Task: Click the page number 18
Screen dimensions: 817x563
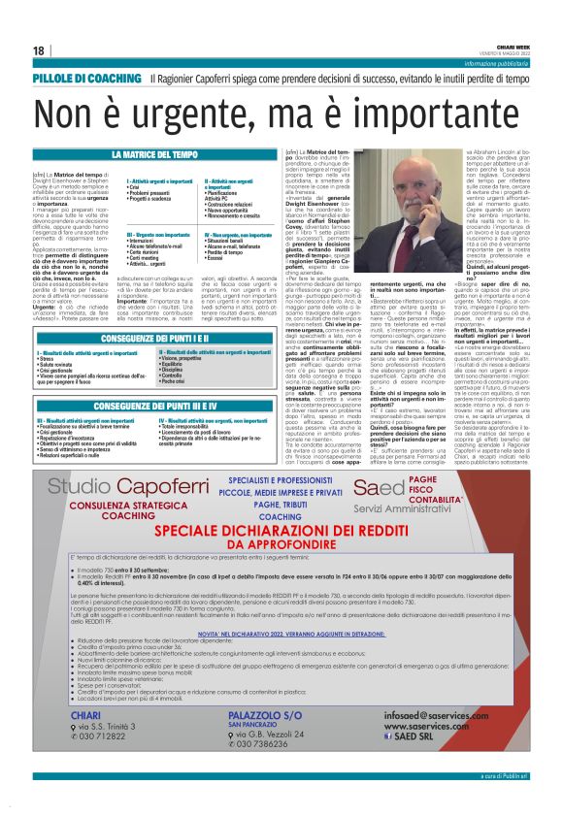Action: (39, 50)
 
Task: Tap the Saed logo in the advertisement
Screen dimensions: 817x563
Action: (374, 486)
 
